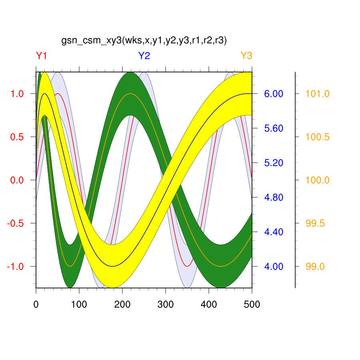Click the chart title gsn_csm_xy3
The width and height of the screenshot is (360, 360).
click(x=144, y=41)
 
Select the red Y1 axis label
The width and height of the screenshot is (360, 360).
click(x=42, y=56)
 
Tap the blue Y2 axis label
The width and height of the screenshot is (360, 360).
click(x=144, y=56)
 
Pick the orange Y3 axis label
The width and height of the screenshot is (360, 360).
click(x=246, y=56)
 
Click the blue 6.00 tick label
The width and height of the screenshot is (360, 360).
click(x=273, y=94)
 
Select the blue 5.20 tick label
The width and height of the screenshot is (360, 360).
click(x=273, y=163)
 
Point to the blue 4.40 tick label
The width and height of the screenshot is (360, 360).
click(x=273, y=232)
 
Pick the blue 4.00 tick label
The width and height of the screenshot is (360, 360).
click(x=273, y=266)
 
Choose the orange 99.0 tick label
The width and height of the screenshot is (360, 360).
click(x=315, y=266)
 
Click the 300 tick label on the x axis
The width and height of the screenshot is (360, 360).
click(x=165, y=305)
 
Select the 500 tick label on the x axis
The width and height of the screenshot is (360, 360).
click(x=252, y=305)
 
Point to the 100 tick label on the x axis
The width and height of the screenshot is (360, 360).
click(x=79, y=305)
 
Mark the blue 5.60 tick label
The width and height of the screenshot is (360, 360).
click(x=273, y=128)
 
